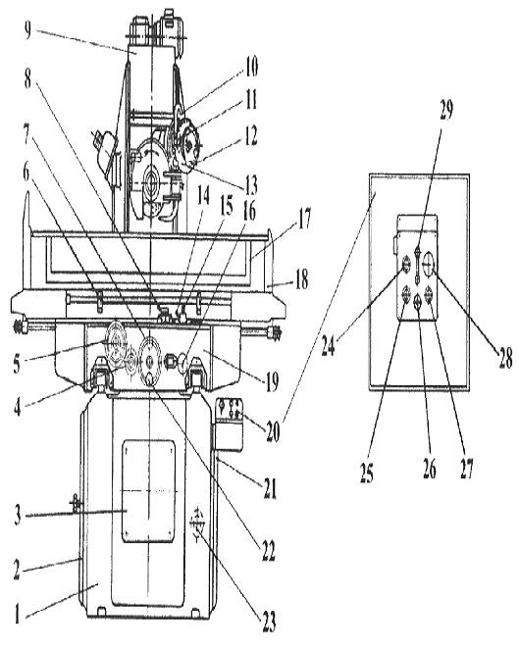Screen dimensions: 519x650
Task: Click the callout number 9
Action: [27, 30]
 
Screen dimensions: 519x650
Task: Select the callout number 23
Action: [269, 621]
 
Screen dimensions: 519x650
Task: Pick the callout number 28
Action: [505, 357]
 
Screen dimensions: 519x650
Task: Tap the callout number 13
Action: [250, 185]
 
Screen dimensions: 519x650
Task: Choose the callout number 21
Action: [270, 489]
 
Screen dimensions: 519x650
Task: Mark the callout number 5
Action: [17, 364]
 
